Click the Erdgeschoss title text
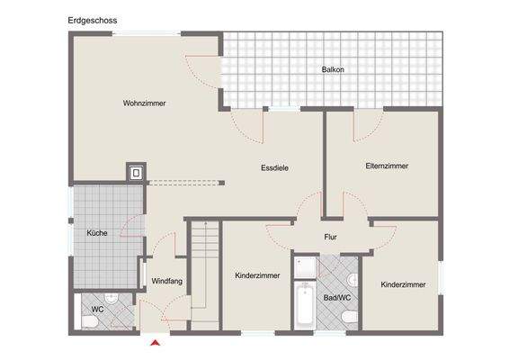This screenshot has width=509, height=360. pos(93,19)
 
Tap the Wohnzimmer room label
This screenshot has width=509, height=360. pos(145,103)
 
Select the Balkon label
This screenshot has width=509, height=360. pos(333,69)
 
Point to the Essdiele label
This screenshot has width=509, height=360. pos(274,167)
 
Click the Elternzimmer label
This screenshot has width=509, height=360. pos(387,166)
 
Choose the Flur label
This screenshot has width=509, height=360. pos(330,238)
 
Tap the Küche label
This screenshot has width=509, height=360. pos(97,233)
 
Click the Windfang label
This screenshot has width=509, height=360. pos(167,281)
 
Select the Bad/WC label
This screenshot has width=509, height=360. pos(337,296)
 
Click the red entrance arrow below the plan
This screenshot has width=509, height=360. pos(156,342)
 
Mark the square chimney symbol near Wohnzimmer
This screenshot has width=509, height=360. pos(136,171)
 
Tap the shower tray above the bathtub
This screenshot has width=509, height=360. pos(304,268)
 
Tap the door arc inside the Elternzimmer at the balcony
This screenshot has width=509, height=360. pos(365,125)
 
